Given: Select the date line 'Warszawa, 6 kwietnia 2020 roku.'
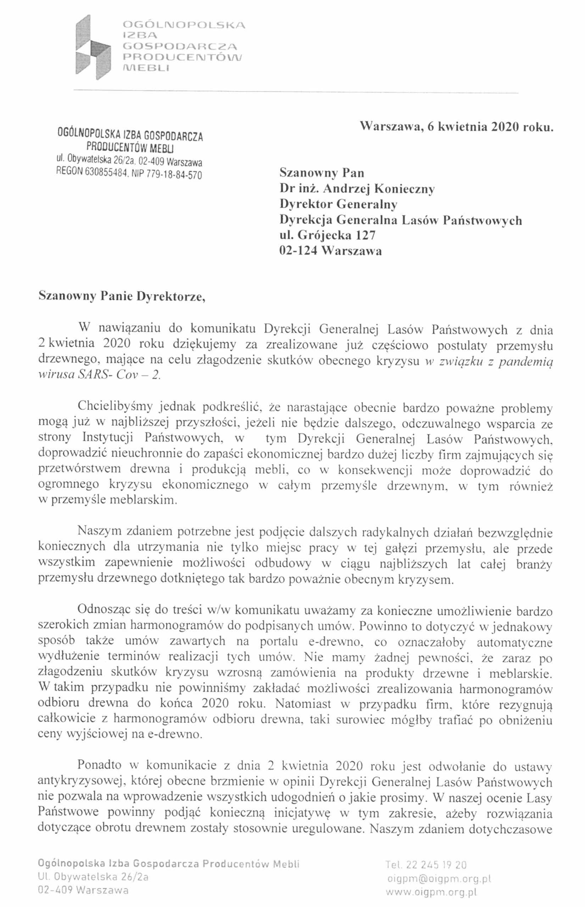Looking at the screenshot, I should (456, 127).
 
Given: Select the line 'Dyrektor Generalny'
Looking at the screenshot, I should (338, 204).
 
